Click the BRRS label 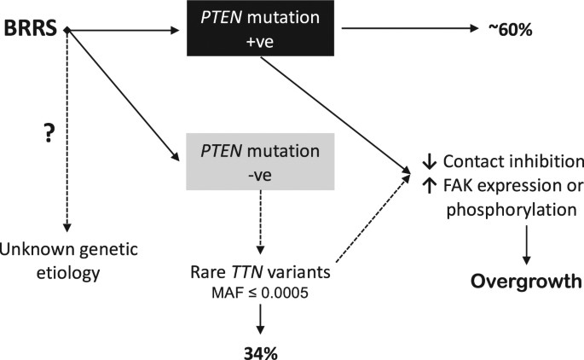[x=32, y=30]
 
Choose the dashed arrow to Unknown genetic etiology [x=66, y=145]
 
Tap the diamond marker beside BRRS [x=66, y=31]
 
